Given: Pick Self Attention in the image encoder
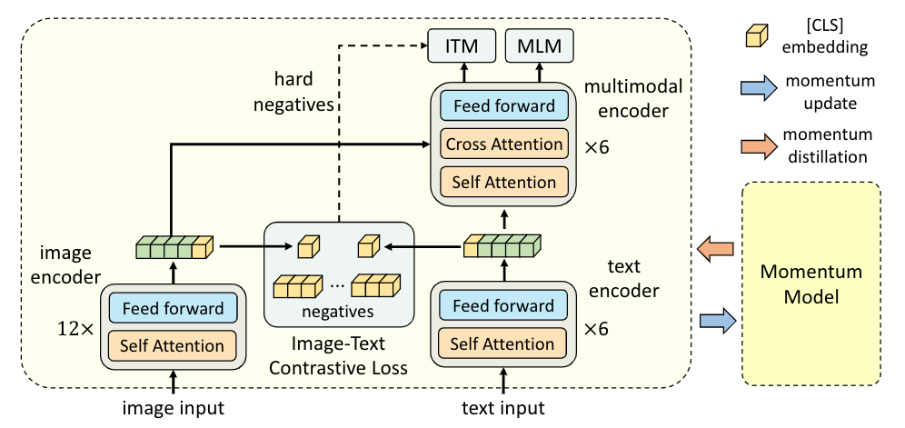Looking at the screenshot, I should [x=173, y=345].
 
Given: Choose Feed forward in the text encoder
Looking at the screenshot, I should [x=502, y=306].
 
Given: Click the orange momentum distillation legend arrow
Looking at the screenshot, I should [x=753, y=145].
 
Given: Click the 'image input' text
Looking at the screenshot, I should [x=173, y=408].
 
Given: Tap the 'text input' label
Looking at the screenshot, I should [x=502, y=408].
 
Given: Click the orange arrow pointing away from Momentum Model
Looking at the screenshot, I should [x=718, y=247].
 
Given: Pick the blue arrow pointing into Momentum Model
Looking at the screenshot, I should [x=718, y=318].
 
